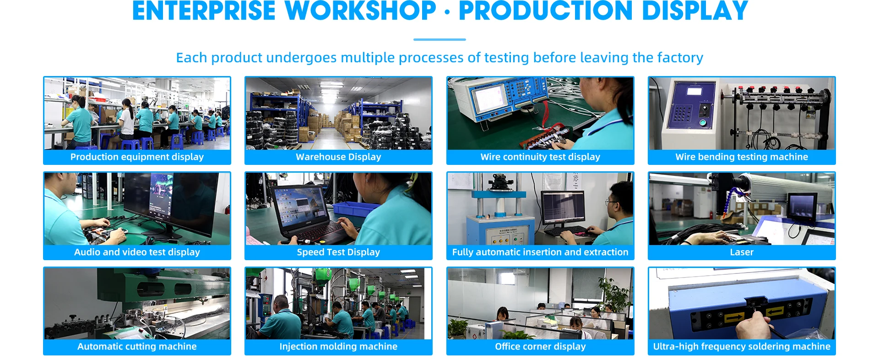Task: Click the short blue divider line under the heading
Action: (439, 39)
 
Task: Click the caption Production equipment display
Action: (137, 157)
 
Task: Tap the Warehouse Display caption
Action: (338, 157)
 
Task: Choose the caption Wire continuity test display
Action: (540, 157)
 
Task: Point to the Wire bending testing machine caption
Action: (742, 157)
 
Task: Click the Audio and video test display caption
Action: (137, 252)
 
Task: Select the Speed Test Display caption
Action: (338, 252)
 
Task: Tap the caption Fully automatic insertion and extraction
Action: (540, 252)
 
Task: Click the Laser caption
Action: (742, 252)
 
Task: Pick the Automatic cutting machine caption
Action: (137, 346)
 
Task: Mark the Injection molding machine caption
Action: (338, 346)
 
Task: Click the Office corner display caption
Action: (540, 346)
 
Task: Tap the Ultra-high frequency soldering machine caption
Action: (742, 346)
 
